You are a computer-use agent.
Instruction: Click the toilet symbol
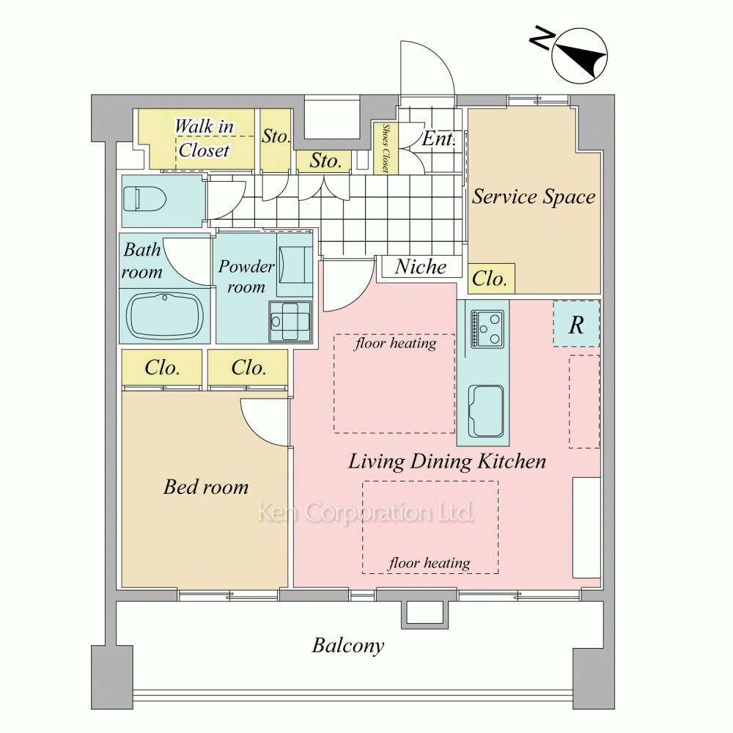[144, 199]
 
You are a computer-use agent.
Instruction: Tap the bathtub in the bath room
[166, 316]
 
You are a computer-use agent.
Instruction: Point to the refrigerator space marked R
[576, 324]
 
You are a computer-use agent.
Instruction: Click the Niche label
[420, 267]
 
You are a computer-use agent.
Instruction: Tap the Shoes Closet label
[386, 148]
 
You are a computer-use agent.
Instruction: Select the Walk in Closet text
[203, 139]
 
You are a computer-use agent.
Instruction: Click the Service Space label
[534, 196]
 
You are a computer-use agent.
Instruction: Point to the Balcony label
[347, 646]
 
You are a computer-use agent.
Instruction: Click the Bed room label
[206, 487]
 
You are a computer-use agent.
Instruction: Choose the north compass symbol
[579, 56]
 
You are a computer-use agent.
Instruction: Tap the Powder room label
[246, 276]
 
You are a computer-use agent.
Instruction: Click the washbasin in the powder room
[290, 322]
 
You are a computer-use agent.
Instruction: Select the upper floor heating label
[396, 344]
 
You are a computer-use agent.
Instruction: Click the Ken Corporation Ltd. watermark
[366, 512]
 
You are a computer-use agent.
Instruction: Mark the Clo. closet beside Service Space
[490, 279]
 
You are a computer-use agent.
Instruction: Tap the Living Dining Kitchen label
[447, 462]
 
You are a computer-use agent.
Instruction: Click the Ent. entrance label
[438, 139]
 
